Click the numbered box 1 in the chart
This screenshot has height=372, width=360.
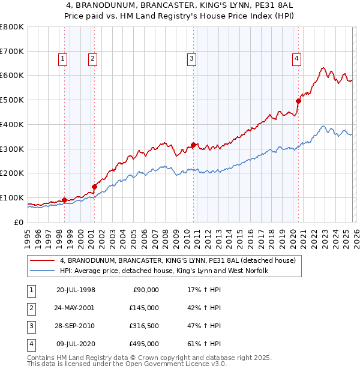pos(64,58)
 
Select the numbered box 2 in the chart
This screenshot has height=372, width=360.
pos(92,58)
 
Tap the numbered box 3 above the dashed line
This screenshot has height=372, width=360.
pos(191,58)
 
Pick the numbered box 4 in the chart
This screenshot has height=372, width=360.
pos(296,58)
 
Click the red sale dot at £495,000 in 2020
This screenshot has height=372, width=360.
pos(298,101)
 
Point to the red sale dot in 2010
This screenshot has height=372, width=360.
pos(193,145)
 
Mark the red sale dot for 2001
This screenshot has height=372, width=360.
pos(94,187)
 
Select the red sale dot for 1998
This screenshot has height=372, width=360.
pos(64,200)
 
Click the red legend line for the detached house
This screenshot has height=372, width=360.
pos(43,261)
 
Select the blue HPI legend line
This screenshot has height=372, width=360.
pos(43,271)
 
